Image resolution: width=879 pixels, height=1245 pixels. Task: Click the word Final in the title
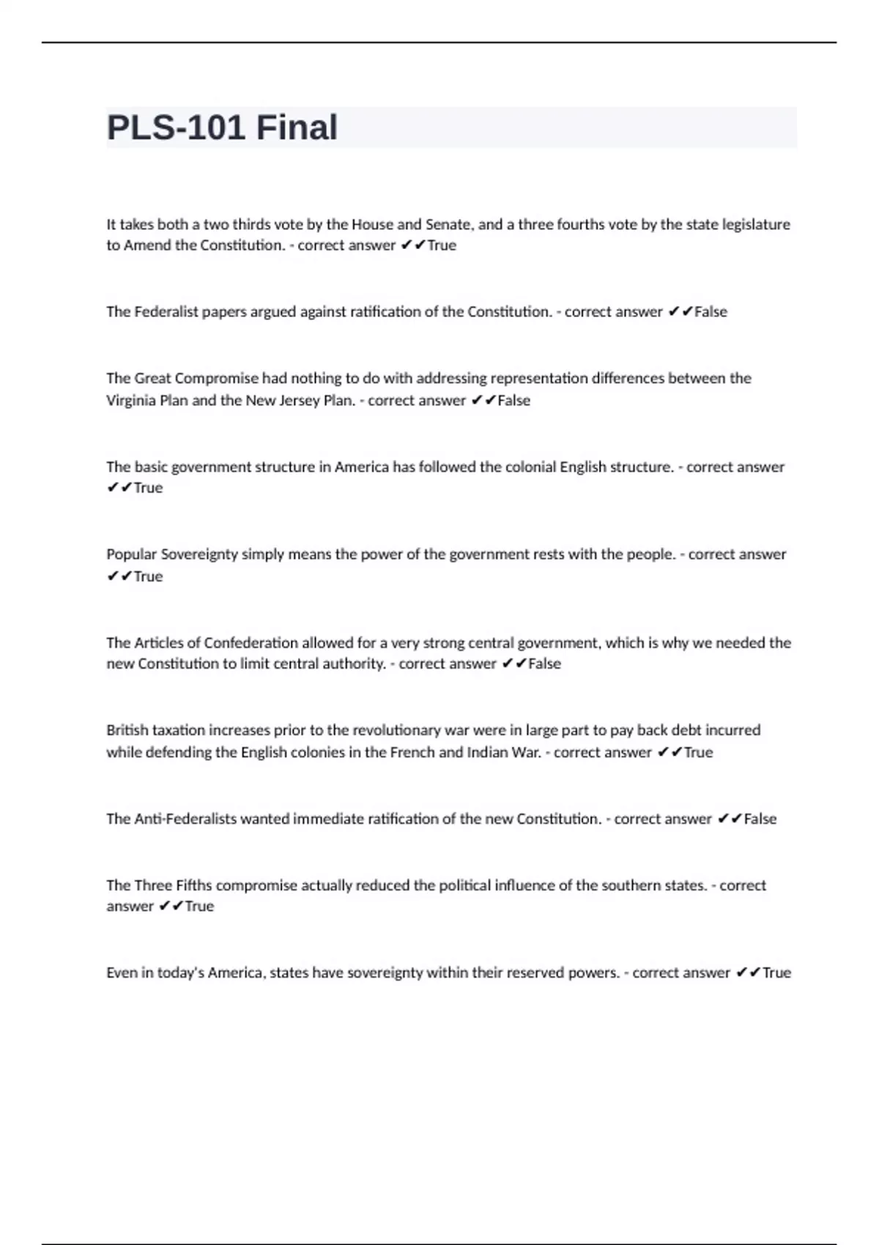coord(297,127)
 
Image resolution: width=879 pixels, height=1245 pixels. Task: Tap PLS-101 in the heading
coord(176,127)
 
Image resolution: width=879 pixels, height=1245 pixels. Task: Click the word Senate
coord(448,224)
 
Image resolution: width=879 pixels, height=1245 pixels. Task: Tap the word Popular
coord(131,554)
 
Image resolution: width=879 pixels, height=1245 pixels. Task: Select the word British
coord(127,730)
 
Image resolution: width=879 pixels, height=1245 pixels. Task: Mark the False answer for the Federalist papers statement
coord(711,312)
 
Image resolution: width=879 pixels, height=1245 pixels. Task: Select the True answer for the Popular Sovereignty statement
coord(148,576)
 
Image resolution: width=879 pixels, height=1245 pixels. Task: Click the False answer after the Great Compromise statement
coord(513,401)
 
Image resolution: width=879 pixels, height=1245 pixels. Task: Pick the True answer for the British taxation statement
coord(698,752)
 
